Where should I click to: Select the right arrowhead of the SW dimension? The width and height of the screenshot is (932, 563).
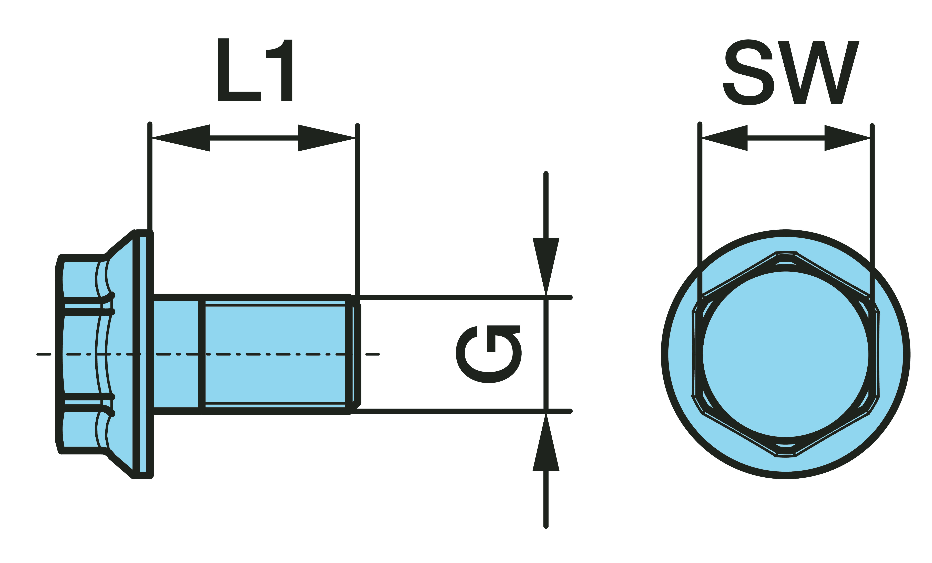(x=847, y=138)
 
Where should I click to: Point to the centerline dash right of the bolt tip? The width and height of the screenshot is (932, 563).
(x=373, y=354)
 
